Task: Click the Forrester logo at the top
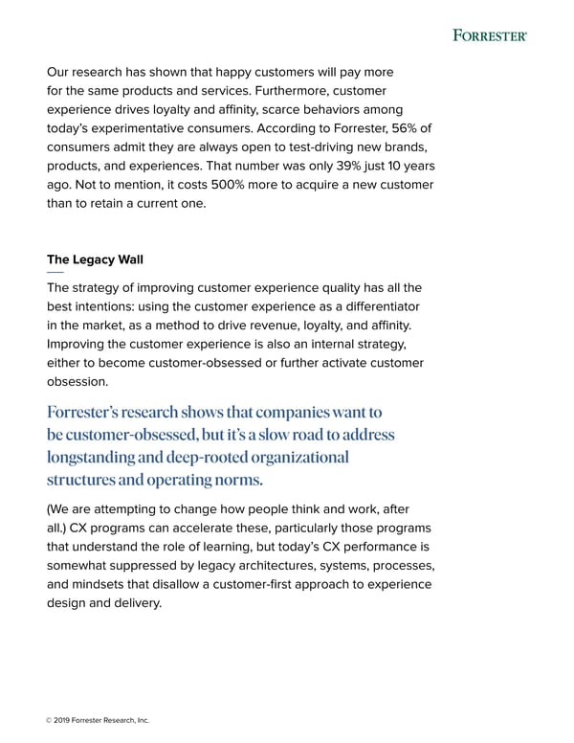(489, 35)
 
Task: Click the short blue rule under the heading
(55, 272)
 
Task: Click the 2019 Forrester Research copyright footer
(96, 720)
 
